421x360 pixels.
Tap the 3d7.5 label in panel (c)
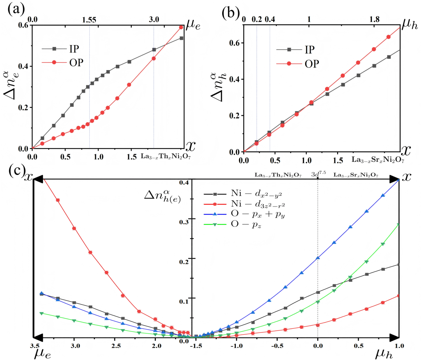tap(318, 175)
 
